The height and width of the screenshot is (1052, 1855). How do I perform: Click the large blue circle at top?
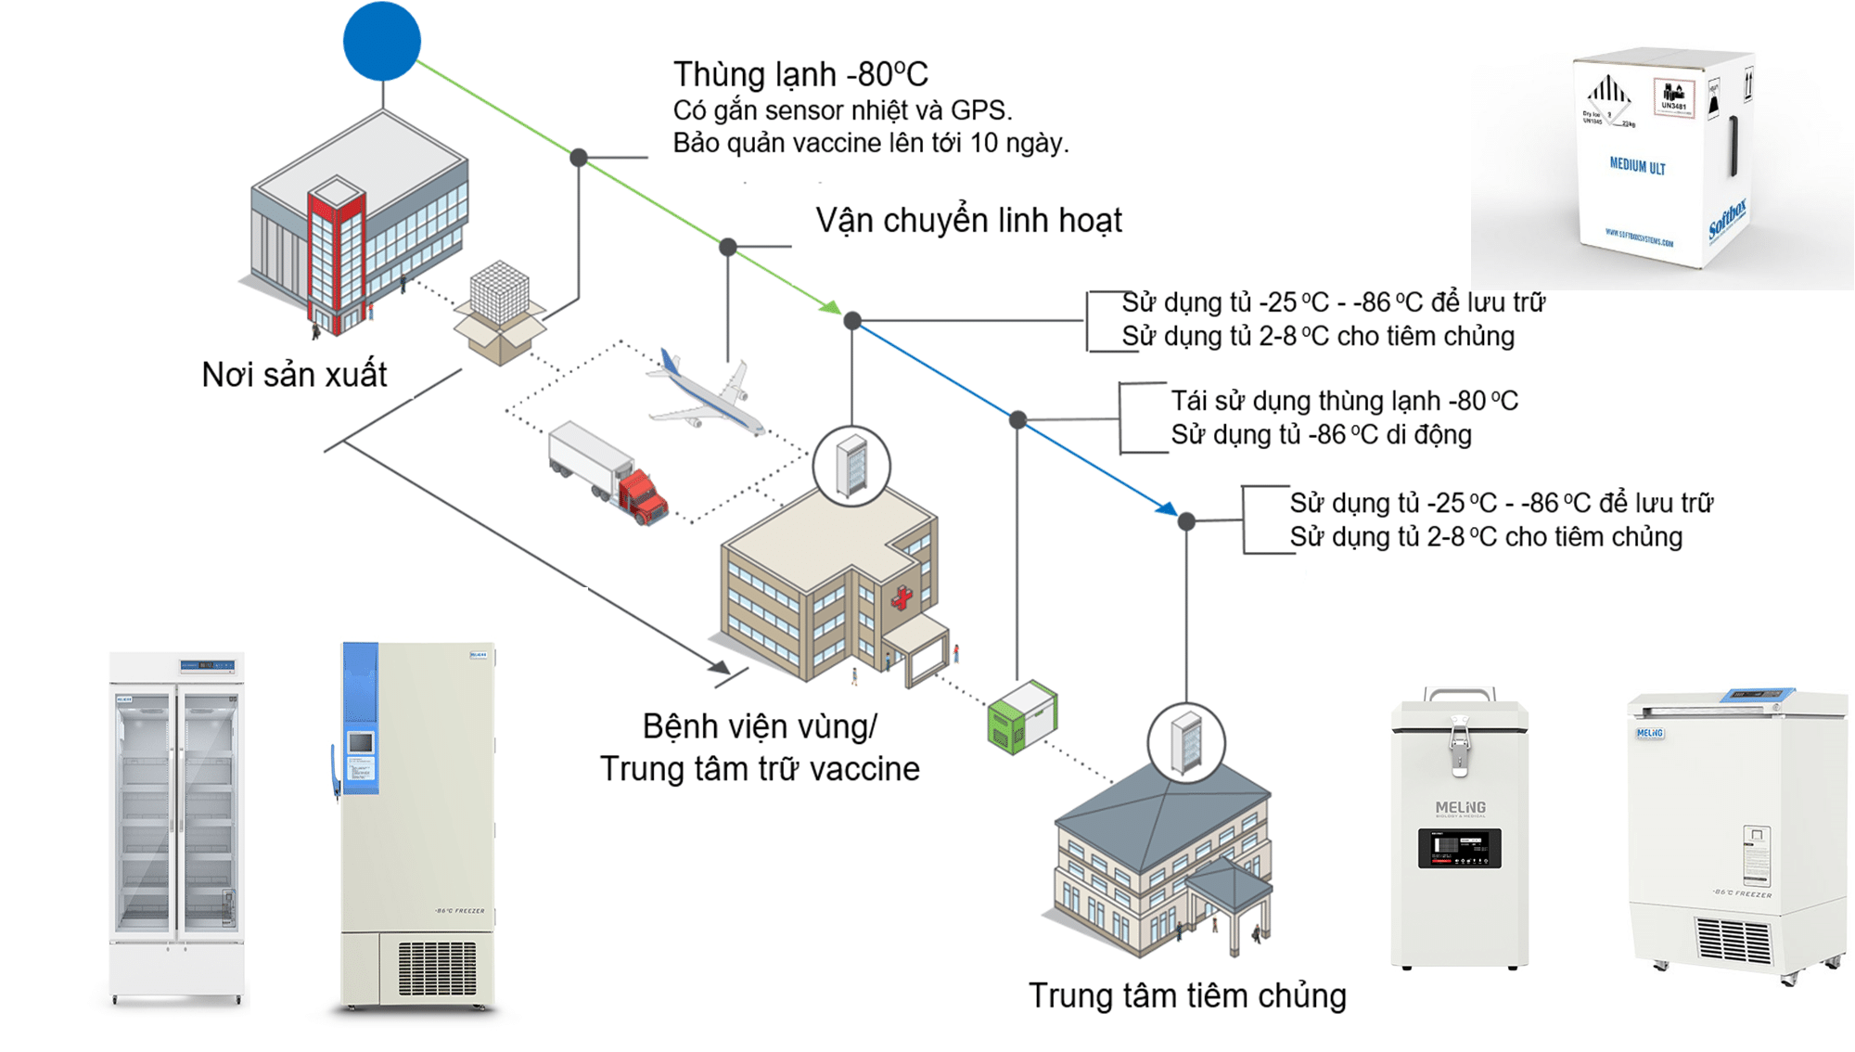click(382, 42)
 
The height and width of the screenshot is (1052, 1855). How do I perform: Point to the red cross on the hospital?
click(902, 597)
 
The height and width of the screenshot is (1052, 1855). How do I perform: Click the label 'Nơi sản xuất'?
click(294, 374)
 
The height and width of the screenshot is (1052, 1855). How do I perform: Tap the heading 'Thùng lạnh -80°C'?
click(800, 74)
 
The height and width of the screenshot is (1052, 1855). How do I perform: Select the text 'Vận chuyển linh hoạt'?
click(968, 221)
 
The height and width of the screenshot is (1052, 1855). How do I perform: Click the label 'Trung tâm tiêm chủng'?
click(1186, 995)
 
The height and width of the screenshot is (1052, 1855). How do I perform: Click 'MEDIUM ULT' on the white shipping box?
click(1637, 167)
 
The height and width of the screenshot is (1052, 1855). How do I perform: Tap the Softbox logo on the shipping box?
click(1727, 219)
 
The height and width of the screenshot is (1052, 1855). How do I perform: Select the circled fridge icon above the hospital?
click(851, 467)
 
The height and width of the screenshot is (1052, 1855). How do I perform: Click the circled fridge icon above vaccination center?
click(1185, 743)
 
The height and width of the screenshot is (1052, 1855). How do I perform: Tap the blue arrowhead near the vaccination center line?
click(1167, 508)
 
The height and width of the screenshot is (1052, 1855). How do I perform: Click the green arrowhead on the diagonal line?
click(831, 307)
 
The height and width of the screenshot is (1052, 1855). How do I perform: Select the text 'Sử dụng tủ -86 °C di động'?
click(1321, 435)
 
